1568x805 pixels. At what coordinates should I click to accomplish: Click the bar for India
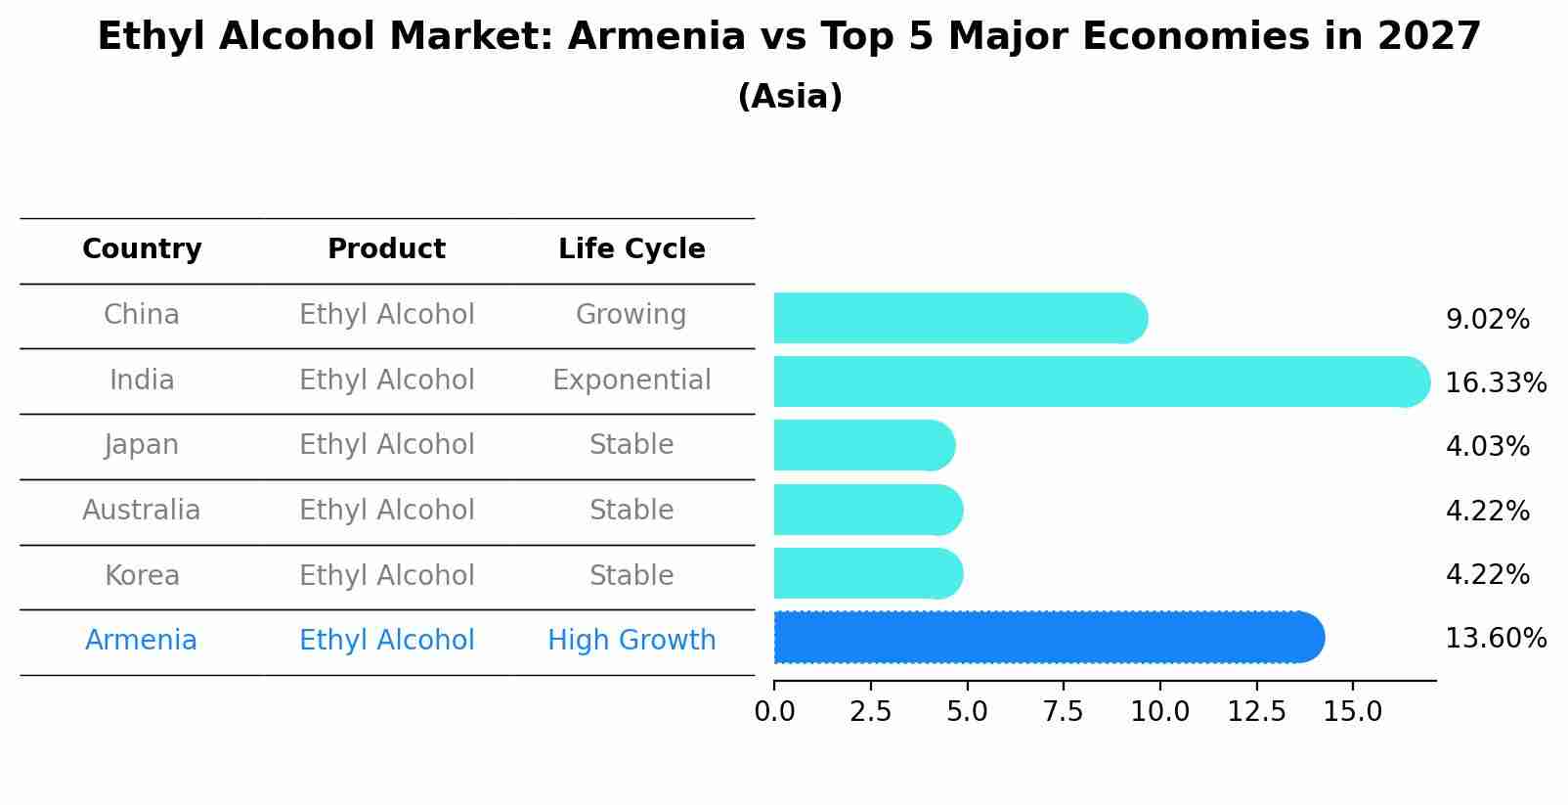[1100, 381]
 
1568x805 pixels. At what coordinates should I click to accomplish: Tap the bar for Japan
[863, 445]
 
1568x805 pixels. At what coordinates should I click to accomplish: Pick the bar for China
[958, 318]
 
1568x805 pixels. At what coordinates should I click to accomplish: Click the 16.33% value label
[1495, 382]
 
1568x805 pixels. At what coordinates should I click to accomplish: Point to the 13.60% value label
[1495, 639]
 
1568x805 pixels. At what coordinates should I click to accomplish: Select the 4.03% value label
[1487, 447]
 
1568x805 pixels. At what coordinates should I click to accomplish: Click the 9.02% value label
[1487, 320]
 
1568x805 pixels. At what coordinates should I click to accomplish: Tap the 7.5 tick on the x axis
[1063, 712]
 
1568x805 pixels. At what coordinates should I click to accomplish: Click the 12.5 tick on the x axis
[1256, 712]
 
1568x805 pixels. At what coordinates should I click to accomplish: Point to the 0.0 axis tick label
[774, 712]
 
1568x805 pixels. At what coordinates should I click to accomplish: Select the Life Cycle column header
[632, 249]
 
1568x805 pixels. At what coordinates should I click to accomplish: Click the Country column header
[142, 249]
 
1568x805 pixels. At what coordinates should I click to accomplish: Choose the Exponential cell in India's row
[632, 380]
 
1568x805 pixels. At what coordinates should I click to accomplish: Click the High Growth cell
[632, 641]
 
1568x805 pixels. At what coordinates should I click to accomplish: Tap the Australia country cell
[142, 511]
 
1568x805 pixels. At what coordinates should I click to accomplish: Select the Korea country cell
[142, 576]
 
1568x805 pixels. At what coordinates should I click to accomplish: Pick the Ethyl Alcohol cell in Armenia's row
[387, 641]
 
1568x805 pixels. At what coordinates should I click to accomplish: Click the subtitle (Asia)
[790, 97]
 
